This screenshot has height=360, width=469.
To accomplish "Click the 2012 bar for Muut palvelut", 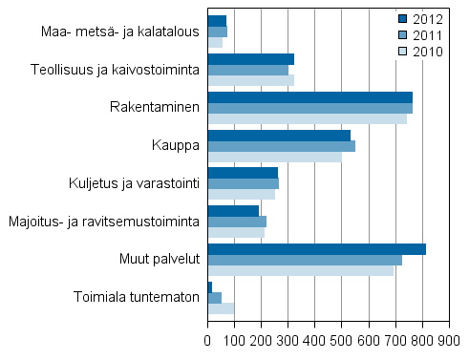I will pos(316,249).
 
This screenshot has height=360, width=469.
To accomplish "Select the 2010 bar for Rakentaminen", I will pos(307,118).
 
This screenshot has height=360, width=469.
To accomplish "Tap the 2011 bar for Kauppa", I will pos(281,145).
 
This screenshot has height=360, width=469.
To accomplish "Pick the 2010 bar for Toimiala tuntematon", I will pos(221,308).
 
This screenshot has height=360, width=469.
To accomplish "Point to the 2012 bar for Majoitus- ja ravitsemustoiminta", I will pos(233,211).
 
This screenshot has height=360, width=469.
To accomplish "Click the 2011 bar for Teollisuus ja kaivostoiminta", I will pos(247,70).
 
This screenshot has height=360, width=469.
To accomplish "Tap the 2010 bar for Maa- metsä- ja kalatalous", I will pos(215,42).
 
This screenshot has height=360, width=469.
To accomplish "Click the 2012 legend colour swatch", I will pos(403,18).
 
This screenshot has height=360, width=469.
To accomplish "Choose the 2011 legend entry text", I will pos(427,35).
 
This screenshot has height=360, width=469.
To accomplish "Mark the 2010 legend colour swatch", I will pos(403,52).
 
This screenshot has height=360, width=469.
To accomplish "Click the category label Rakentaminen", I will pos(155,108).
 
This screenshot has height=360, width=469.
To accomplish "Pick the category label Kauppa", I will pos(176,145).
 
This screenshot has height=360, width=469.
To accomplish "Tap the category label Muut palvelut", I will pos(160,259).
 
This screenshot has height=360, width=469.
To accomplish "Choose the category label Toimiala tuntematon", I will pos(137,296).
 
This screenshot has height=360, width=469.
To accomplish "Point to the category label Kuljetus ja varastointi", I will pos(135,183).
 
